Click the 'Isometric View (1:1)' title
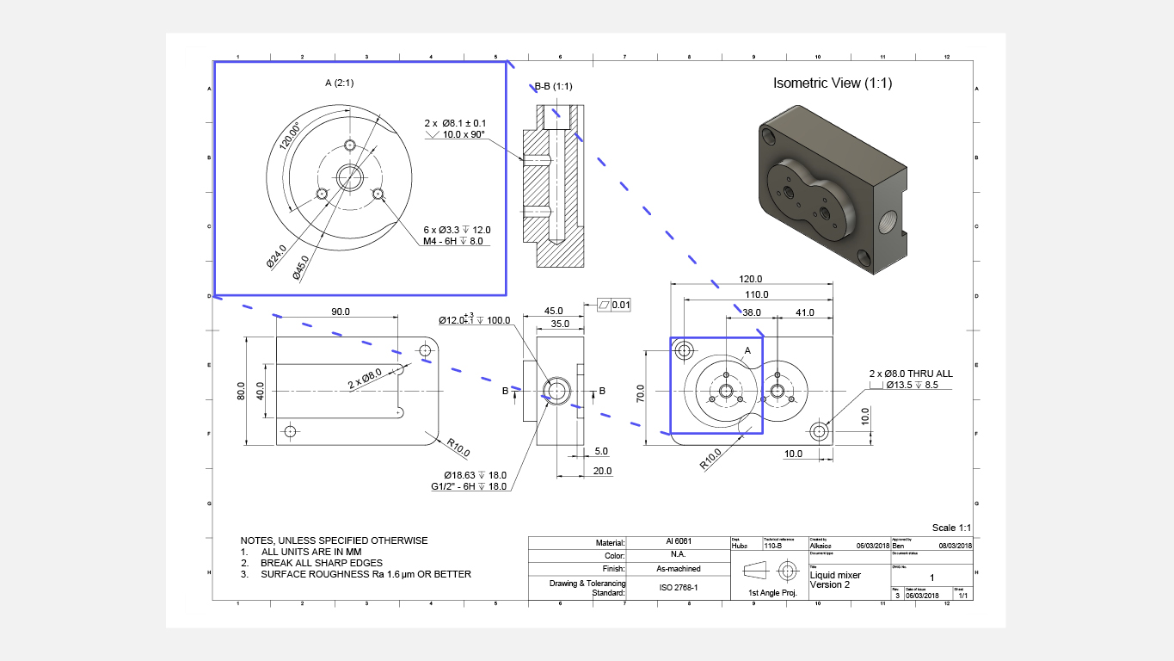pyautogui.click(x=833, y=83)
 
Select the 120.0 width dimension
pyautogui.click(x=752, y=279)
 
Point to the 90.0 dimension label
pyautogui.click(x=341, y=312)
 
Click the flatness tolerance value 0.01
pyautogui.click(x=621, y=305)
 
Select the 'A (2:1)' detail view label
pyautogui.click(x=339, y=83)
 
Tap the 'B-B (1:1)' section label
pyautogui.click(x=554, y=86)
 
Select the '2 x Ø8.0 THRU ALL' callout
pyautogui.click(x=911, y=374)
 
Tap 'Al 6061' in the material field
pyautogui.click(x=678, y=542)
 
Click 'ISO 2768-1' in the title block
pyautogui.click(x=678, y=588)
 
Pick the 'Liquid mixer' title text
pyautogui.click(x=835, y=575)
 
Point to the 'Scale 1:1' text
pyautogui.click(x=951, y=528)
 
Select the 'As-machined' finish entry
pyautogui.click(x=678, y=569)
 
